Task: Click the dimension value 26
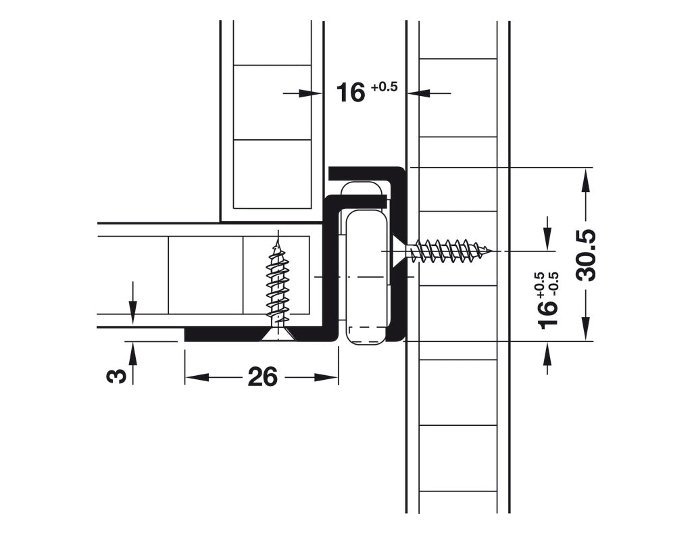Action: point(262,377)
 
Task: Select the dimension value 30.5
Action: point(586,255)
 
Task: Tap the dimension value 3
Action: point(117,375)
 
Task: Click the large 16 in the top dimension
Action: point(351,93)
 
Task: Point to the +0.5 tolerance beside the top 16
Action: point(384,87)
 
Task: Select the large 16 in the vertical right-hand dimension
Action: point(549,314)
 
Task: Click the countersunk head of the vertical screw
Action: point(278,334)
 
